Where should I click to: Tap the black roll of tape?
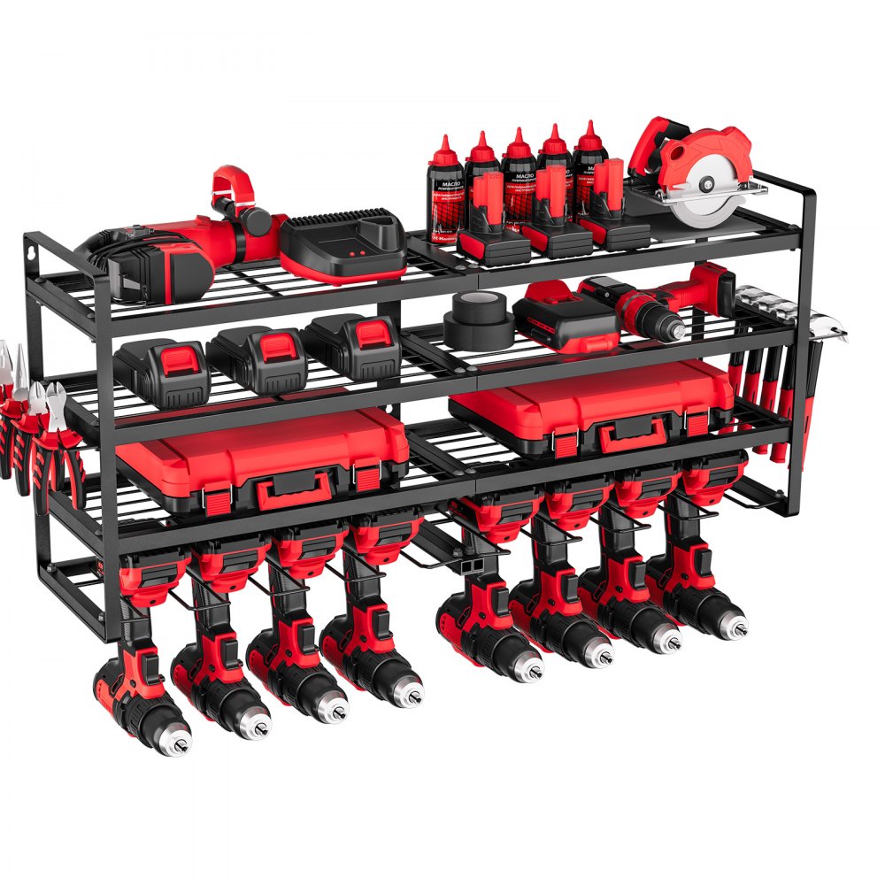(x=479, y=319)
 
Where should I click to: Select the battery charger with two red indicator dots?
(x=342, y=247)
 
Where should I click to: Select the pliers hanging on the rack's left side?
(x=35, y=425)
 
